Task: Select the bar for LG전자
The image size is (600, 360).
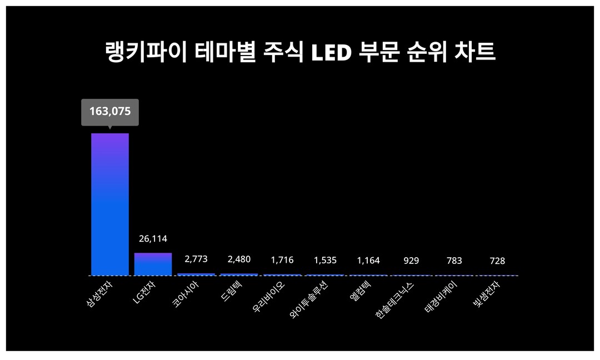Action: (153, 264)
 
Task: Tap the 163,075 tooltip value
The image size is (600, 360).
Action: (110, 111)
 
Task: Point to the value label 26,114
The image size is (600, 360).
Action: (153, 239)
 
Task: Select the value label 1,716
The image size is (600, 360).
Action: (282, 260)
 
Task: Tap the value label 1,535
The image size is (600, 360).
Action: (325, 260)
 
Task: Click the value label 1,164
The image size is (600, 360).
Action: (368, 260)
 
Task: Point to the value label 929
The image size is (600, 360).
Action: (411, 261)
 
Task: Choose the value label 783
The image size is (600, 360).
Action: (454, 261)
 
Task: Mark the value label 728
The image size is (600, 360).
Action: (497, 261)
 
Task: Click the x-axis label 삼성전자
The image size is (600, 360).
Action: (99, 296)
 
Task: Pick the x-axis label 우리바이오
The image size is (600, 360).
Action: (270, 298)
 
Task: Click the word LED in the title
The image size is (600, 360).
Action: (331, 53)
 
